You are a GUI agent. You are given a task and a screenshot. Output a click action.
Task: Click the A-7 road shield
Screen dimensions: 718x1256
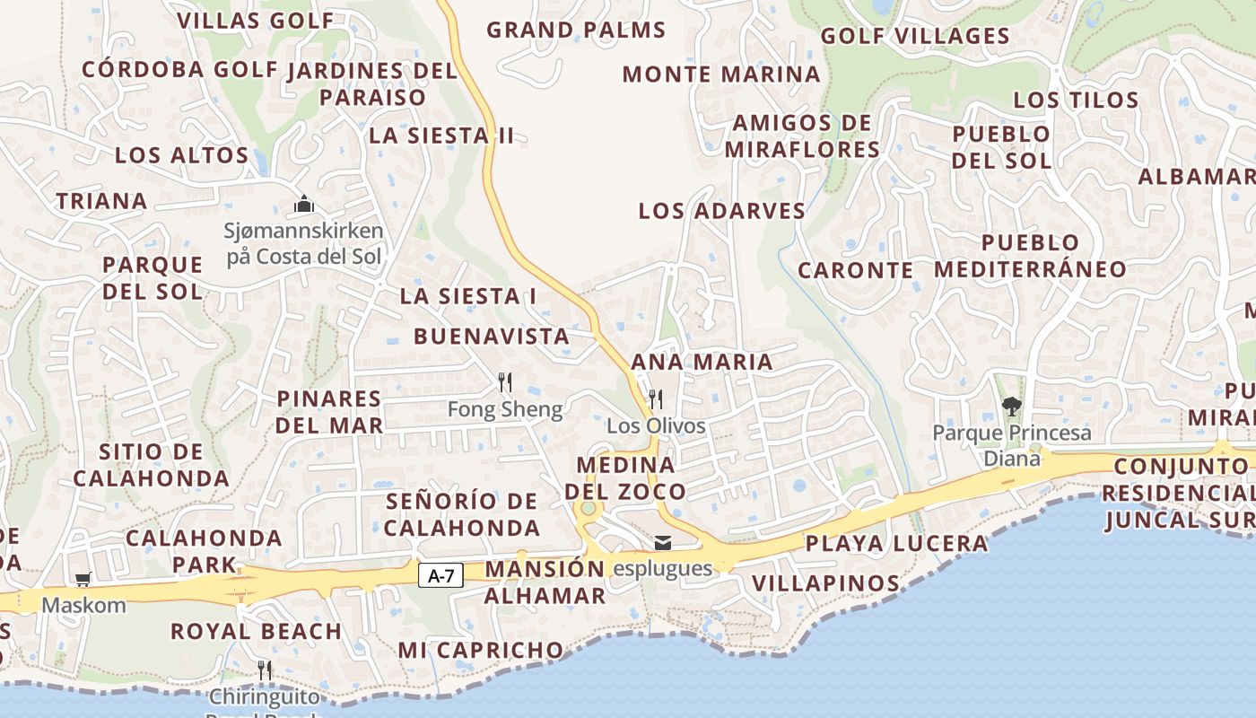(440, 575)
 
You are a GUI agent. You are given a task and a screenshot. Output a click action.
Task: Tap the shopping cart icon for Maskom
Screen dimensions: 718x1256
(83, 580)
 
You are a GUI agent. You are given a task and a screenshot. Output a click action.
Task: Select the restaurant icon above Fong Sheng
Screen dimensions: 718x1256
(505, 383)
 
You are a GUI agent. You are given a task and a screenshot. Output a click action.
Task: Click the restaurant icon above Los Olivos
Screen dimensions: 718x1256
(656, 398)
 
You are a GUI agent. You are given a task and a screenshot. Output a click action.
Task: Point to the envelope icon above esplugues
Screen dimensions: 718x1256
(663, 542)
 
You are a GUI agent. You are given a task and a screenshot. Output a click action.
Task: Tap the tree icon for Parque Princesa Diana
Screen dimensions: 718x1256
(1012, 407)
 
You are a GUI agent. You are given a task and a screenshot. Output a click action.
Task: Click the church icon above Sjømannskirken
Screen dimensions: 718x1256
(304, 205)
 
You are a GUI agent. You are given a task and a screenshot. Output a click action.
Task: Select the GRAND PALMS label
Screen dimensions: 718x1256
(576, 31)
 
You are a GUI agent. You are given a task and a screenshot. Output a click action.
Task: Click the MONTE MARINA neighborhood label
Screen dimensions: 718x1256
(721, 74)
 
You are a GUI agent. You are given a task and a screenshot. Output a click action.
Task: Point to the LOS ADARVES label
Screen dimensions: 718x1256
(722, 212)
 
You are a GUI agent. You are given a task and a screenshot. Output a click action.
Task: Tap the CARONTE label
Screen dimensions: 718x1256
(856, 270)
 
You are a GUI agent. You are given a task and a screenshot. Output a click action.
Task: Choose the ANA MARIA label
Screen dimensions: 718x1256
(702, 363)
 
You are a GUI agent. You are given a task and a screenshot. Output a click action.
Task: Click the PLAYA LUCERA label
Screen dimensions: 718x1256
(896, 544)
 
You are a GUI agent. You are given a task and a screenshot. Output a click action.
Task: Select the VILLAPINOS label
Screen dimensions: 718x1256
(825, 584)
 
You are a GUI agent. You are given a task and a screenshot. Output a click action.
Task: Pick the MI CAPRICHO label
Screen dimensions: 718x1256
(481, 650)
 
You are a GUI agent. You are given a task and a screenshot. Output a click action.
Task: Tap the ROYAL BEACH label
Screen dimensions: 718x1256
(256, 632)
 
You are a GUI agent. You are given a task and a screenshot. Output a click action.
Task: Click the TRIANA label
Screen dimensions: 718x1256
(102, 201)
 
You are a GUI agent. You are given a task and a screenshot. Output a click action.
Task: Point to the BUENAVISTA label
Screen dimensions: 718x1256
(492, 337)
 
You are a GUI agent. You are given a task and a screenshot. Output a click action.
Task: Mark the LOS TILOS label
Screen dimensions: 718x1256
(1077, 101)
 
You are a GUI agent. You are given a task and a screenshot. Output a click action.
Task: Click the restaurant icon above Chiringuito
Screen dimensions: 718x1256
(265, 670)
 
